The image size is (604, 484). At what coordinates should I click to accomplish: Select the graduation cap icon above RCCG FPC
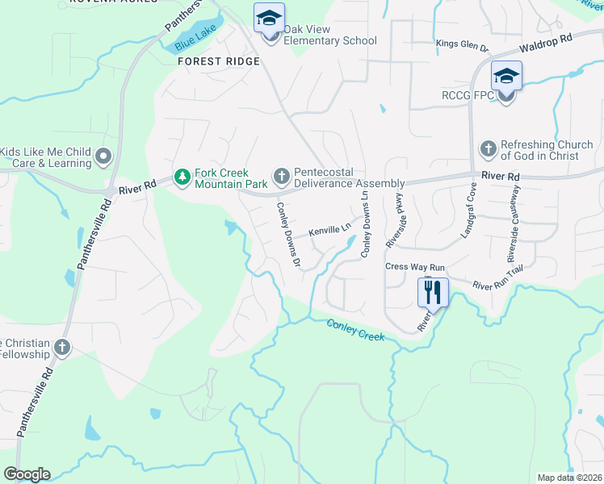(x=506, y=76)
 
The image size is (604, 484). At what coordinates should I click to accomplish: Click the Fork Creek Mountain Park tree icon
(x=183, y=176)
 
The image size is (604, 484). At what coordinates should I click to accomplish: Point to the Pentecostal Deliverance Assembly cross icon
(x=282, y=176)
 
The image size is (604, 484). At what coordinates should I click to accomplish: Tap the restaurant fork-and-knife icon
(x=432, y=291)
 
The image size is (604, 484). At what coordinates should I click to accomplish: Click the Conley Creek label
(x=355, y=329)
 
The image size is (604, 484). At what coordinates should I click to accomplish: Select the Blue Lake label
(x=195, y=44)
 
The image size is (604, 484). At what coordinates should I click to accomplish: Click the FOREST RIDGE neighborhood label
(x=219, y=61)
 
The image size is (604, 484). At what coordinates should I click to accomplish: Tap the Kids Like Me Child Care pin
(x=103, y=156)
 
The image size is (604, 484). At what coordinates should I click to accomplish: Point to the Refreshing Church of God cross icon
(x=488, y=149)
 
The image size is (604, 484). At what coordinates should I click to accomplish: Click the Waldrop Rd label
(x=545, y=38)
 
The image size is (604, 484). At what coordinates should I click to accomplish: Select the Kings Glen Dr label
(x=463, y=44)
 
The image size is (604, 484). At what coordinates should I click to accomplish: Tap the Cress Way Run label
(x=415, y=267)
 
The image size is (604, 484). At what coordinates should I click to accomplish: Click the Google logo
(x=26, y=474)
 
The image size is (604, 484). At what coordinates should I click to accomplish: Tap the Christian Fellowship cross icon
(x=62, y=348)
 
